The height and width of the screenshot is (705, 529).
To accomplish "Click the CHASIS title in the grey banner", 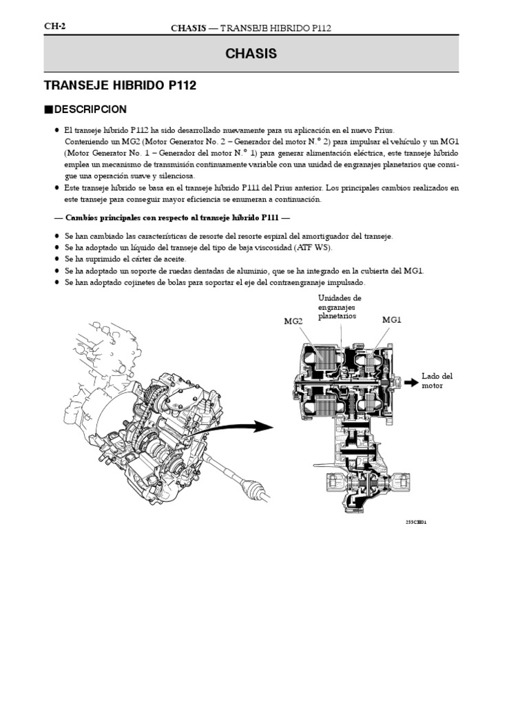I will point(251,54).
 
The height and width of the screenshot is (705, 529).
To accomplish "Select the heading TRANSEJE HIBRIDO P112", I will point(120,85).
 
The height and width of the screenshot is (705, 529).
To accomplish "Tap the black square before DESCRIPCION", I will point(48,109).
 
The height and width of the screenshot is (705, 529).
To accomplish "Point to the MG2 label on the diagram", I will point(293,320).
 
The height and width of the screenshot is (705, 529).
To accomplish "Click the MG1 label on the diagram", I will point(391,320).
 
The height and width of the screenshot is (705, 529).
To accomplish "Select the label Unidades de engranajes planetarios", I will point(340,307).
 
